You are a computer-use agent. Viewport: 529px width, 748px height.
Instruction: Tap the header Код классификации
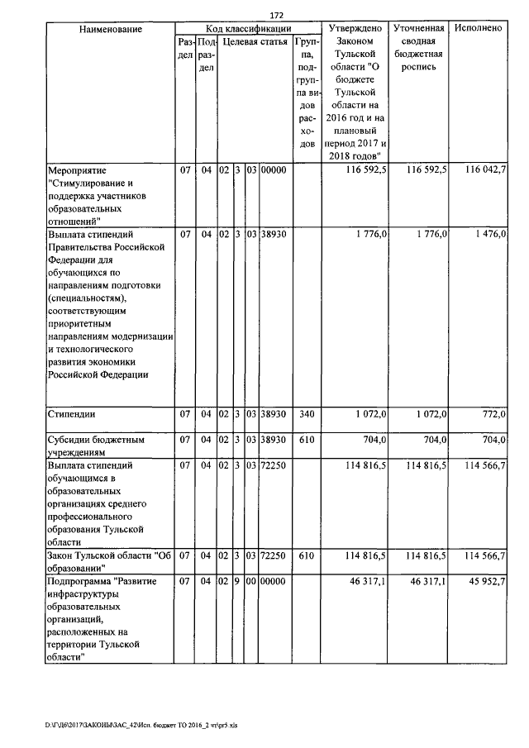coord(247,29)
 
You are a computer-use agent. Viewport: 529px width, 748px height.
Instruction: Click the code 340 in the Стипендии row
coord(307,413)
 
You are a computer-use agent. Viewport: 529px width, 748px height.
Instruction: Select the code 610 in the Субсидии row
coord(307,441)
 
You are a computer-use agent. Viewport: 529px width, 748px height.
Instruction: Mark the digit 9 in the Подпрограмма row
coord(237,583)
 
